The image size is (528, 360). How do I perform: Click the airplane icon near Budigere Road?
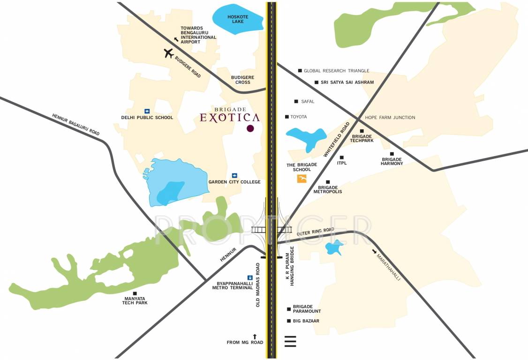pos(169,53)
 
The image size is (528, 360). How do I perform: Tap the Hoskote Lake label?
pos(237,19)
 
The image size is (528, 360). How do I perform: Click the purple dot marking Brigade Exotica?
pos(250,128)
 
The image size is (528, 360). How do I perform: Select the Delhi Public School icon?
pos(147,111)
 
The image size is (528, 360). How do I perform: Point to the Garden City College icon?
pos(234,175)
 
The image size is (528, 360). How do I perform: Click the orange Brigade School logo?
pos(302,179)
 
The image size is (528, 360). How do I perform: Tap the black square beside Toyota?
pos(287,117)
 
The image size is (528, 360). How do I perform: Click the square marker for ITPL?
pos(341,157)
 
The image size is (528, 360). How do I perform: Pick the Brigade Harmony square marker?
pos(392,154)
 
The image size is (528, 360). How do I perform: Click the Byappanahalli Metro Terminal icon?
pos(249,277)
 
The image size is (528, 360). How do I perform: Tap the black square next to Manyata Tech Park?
pos(135,293)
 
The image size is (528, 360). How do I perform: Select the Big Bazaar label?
pos(306,321)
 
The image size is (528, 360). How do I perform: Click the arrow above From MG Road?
pos(255,336)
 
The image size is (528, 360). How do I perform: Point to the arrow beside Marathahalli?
pos(374,252)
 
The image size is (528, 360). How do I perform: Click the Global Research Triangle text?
pos(336,71)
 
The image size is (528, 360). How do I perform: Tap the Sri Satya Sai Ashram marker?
pos(317,82)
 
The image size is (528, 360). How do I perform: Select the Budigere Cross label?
pos(242,80)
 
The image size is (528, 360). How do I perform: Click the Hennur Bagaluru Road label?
pos(75,124)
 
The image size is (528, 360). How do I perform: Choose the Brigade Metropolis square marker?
pos(328,182)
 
